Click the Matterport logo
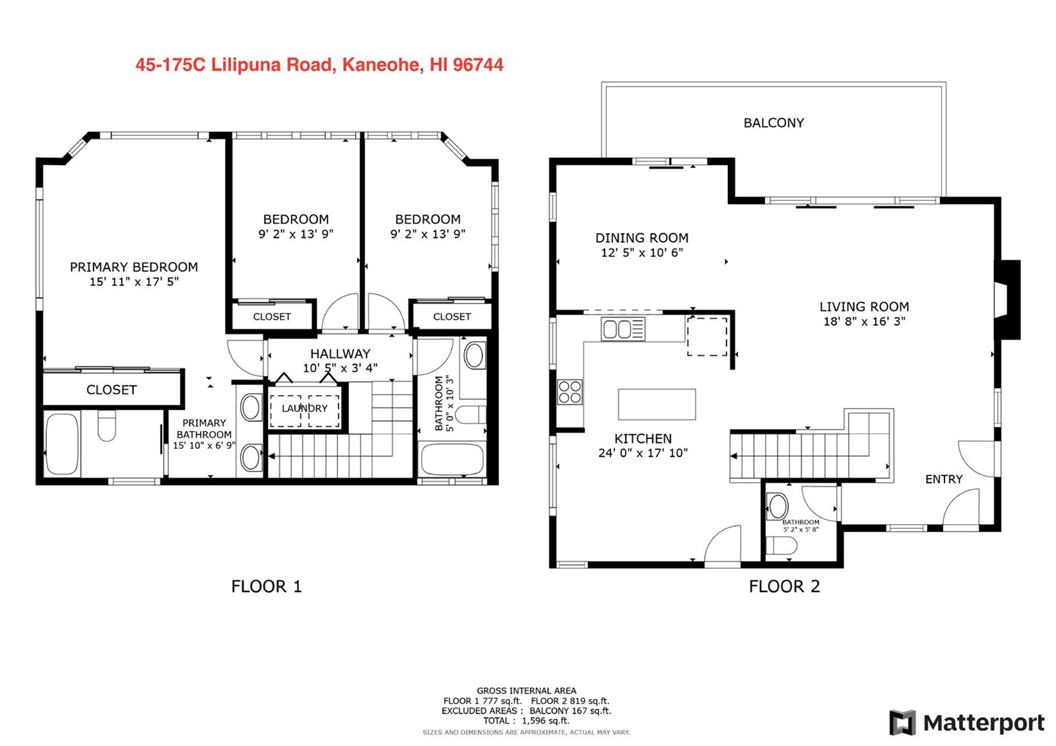pyautogui.click(x=967, y=723)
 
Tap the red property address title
pyautogui.click(x=319, y=65)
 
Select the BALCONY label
pyautogui.click(x=774, y=123)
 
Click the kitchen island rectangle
pyautogui.click(x=657, y=404)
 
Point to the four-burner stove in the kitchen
pyautogui.click(x=570, y=392)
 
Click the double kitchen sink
pyautogui.click(x=623, y=329)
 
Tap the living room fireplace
pyautogui.click(x=1007, y=300)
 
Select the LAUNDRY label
pyautogui.click(x=304, y=409)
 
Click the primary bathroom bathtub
pyautogui.click(x=62, y=444)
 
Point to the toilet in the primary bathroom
pyautogui.click(x=107, y=425)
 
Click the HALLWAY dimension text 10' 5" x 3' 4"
pyautogui.click(x=340, y=368)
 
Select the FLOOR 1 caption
pyautogui.click(x=267, y=586)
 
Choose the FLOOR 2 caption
pyautogui.click(x=785, y=586)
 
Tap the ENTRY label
pyautogui.click(x=944, y=479)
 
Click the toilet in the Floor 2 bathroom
pyautogui.click(x=781, y=545)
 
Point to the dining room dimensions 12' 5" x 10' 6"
pyautogui.click(x=642, y=253)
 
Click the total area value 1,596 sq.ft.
pyautogui.click(x=545, y=720)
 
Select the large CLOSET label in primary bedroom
pyautogui.click(x=112, y=390)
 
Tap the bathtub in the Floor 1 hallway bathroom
pyautogui.click(x=452, y=459)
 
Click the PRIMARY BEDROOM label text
pyautogui.click(x=134, y=267)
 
